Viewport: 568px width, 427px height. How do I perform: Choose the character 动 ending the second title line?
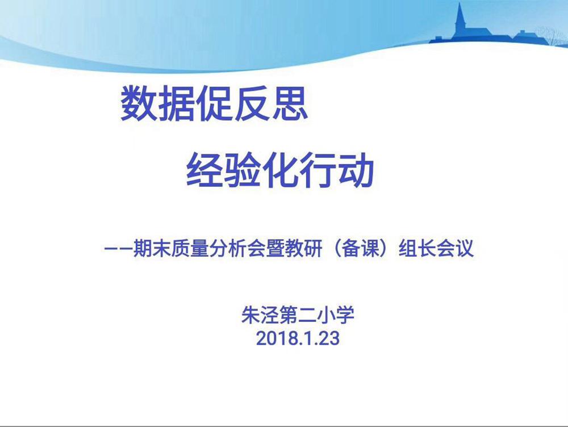pos(356,169)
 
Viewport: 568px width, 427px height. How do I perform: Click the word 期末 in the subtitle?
pos(152,248)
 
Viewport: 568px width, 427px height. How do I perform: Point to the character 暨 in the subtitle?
pos(275,248)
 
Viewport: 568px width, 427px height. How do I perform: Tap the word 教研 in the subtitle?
pos(303,248)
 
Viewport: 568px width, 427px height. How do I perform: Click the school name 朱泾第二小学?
pos(298,315)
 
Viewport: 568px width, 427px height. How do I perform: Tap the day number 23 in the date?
pos(329,338)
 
